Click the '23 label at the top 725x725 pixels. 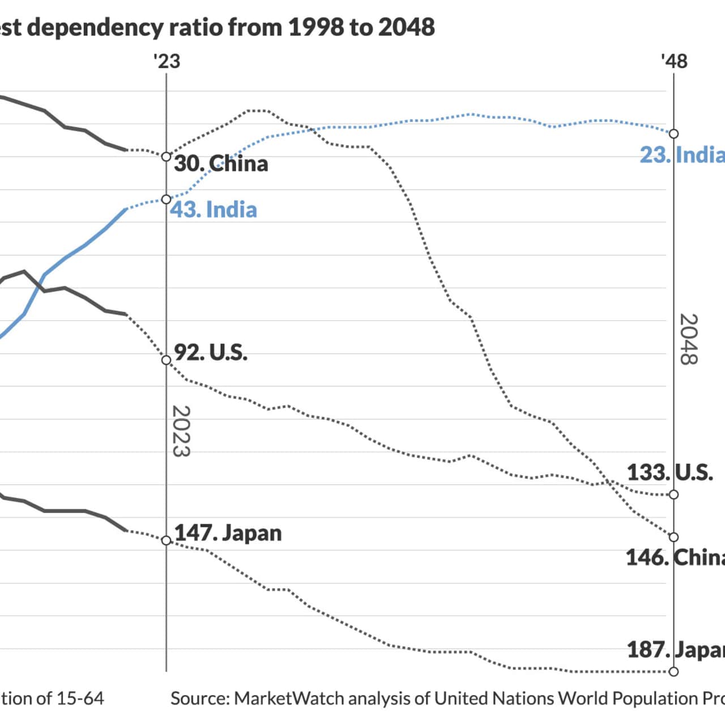point(167,61)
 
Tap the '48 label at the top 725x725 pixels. point(674,61)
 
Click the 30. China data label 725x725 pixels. point(221,164)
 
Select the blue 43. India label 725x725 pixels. point(214,210)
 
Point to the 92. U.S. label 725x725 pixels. point(211,352)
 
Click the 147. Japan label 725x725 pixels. point(228,533)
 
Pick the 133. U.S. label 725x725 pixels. point(669,472)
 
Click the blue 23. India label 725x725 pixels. point(682,155)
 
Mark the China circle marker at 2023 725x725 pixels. point(166,157)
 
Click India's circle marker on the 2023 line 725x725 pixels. point(166,199)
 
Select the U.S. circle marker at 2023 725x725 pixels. point(166,360)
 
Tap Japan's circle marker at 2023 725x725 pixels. point(166,540)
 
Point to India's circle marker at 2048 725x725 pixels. point(673,134)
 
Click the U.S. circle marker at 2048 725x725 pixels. point(673,494)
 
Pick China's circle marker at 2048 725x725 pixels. point(673,537)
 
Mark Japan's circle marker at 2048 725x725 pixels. point(673,672)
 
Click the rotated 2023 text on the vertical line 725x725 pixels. point(181,431)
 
